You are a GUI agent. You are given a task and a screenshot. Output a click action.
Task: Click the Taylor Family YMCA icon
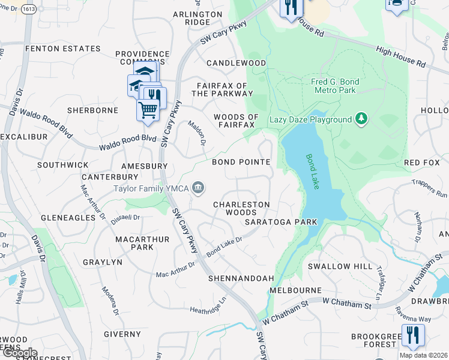197,188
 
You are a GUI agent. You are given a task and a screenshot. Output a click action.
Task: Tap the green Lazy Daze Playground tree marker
361,119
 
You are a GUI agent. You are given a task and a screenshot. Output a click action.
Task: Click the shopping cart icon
148,109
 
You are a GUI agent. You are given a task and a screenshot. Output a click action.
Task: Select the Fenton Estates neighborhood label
62,49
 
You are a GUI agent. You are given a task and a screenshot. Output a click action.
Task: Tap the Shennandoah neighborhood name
241,278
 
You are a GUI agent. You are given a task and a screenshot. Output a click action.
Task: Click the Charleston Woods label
242,208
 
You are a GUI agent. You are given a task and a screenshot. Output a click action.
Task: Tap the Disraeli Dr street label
125,218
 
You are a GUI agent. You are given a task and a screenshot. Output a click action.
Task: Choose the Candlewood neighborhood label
236,63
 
